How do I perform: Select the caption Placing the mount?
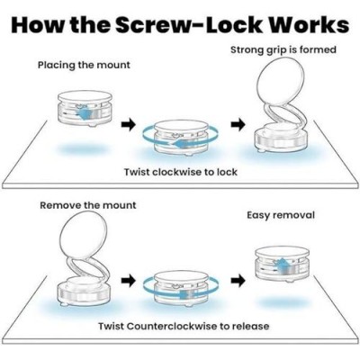pos(84,66)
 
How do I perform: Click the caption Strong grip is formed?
pos(283,50)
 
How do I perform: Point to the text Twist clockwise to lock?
pos(181,172)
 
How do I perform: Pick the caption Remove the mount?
pos(88,205)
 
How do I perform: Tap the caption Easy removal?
pos(281,215)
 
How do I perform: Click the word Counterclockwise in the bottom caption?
pos(172,326)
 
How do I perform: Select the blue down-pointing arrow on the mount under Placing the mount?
pos(85,113)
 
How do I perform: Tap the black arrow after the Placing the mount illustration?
pos(129,124)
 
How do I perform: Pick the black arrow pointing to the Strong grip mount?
pos(238,124)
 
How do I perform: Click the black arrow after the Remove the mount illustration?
pos(129,281)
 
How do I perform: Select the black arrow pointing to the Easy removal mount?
pos(238,281)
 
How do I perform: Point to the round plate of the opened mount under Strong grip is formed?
pos(281,83)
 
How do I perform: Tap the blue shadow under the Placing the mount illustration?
pos(85,149)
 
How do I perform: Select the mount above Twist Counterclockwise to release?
pos(181,289)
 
